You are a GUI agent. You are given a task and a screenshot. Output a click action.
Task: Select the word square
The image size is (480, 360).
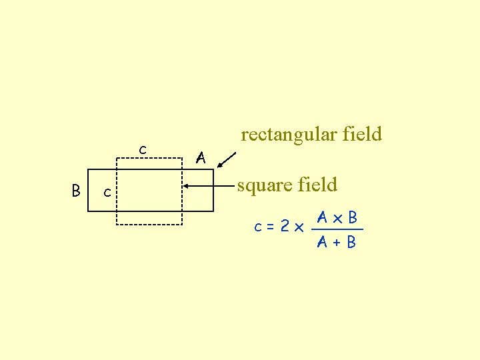point(263,185)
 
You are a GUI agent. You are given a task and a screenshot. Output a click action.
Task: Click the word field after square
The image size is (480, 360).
point(318,184)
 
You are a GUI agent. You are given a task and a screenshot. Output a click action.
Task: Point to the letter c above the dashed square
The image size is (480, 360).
point(142,148)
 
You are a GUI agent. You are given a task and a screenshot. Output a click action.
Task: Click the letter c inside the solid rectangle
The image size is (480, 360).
point(107,193)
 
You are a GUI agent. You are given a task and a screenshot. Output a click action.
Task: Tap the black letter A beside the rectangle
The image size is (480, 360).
point(200,158)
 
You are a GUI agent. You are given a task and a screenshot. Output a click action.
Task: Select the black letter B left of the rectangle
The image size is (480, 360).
point(76,191)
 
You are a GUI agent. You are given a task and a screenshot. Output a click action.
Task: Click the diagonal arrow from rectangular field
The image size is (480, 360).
point(227,160)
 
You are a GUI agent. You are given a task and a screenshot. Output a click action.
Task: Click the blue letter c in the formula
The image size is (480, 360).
point(258,227)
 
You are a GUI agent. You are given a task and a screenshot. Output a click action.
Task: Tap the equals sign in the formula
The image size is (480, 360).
point(271,227)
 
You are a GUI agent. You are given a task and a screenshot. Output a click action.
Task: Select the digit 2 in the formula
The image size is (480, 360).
point(285,227)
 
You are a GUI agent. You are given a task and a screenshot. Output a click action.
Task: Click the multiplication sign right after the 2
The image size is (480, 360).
point(298,228)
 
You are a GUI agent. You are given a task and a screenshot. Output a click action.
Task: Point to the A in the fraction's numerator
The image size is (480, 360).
point(322,217)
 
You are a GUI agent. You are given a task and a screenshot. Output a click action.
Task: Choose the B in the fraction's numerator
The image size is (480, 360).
point(352,217)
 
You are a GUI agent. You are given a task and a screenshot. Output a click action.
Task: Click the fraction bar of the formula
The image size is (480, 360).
point(337,229)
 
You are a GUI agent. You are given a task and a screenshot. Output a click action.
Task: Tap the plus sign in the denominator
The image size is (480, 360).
point(337,242)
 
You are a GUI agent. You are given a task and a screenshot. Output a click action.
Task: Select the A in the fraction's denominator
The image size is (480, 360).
point(322,242)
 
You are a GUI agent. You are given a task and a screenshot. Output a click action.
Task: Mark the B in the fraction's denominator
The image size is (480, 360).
point(351,242)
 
